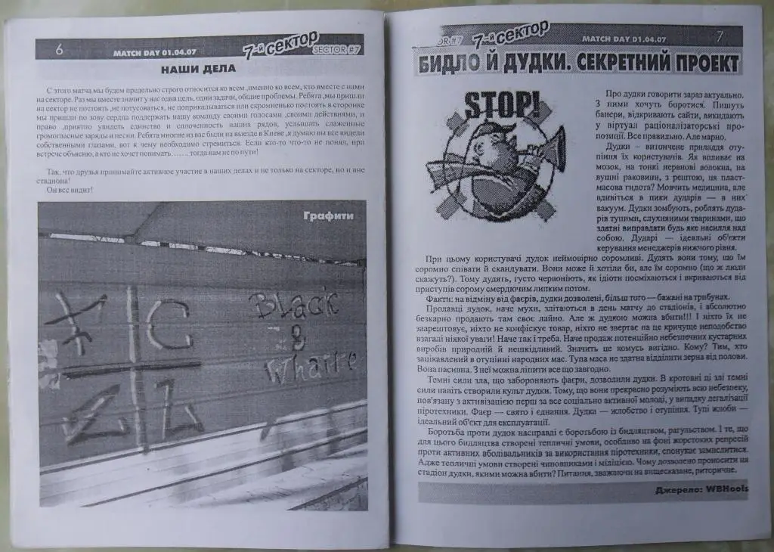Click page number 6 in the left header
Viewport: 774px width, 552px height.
58,49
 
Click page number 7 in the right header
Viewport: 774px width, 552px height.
719,36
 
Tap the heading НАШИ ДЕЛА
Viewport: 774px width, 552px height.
199,69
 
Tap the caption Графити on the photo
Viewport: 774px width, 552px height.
328,216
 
